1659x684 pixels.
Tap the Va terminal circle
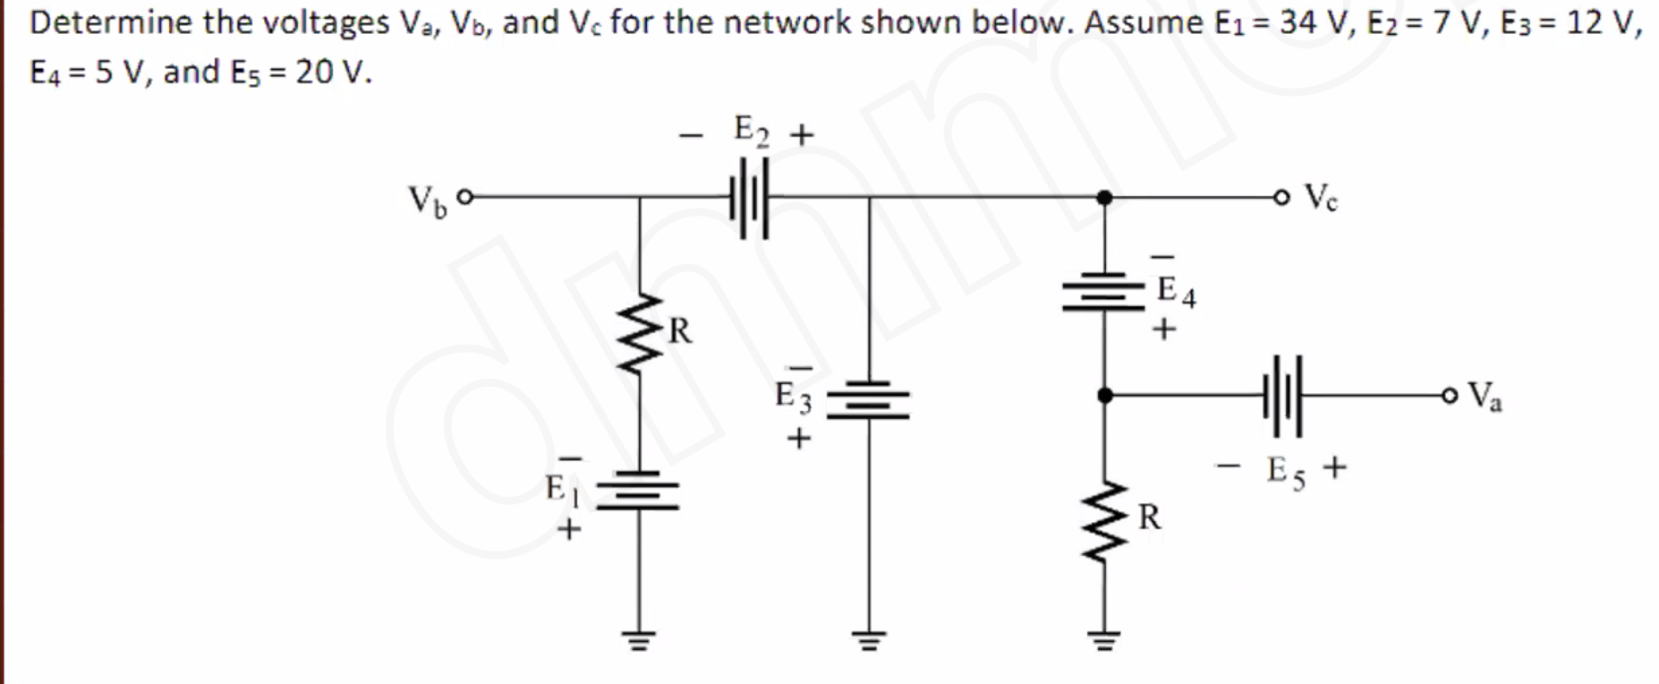pos(1450,395)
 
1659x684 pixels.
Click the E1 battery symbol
pos(638,491)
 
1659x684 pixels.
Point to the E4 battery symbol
pos(1104,292)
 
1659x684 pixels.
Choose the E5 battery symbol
pos(1283,395)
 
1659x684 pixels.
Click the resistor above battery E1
pos(638,336)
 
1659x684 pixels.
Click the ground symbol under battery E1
pos(638,639)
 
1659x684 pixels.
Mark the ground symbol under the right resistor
pos(1104,639)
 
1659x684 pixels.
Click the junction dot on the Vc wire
pos(1105,197)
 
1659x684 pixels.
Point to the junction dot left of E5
pos(1105,395)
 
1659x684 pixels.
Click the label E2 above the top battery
pos(750,130)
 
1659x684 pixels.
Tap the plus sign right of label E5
pos(1333,467)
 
